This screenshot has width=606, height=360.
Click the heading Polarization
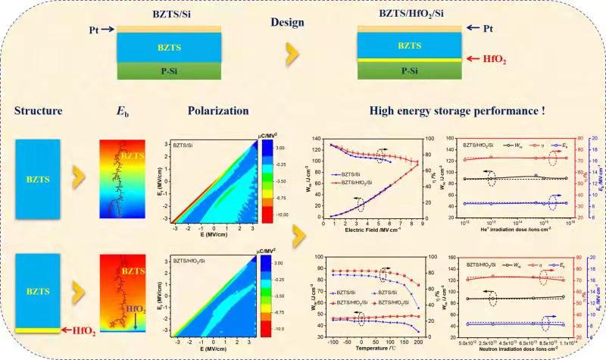point(218,110)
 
